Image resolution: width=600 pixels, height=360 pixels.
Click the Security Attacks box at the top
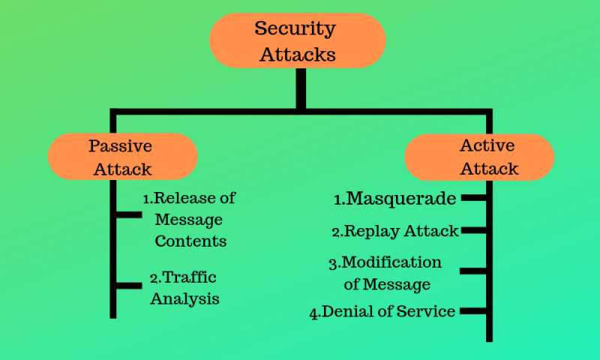click(x=296, y=40)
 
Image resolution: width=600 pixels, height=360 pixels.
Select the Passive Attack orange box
click(x=122, y=157)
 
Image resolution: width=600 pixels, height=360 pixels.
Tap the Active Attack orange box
click(x=480, y=157)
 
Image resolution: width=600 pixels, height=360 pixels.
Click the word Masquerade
click(x=395, y=199)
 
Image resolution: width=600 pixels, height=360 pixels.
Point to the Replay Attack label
click(x=395, y=231)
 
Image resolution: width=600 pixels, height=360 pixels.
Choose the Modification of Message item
click(x=385, y=273)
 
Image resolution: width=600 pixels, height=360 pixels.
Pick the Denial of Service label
click(x=382, y=311)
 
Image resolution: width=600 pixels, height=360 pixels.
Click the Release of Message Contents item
click(x=190, y=220)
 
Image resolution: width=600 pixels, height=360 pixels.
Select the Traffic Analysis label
click(x=184, y=287)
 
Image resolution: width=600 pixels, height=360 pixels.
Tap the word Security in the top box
click(x=295, y=28)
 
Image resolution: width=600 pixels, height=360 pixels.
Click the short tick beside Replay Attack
click(x=472, y=231)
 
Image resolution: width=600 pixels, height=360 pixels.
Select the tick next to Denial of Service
click(x=472, y=310)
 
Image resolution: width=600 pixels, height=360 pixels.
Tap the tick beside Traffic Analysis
click(x=129, y=285)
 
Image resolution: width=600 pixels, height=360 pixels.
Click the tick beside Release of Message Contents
click(x=129, y=215)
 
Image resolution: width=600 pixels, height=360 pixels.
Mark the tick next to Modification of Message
click(x=472, y=270)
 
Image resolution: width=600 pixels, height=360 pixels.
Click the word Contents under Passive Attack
click(x=190, y=241)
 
